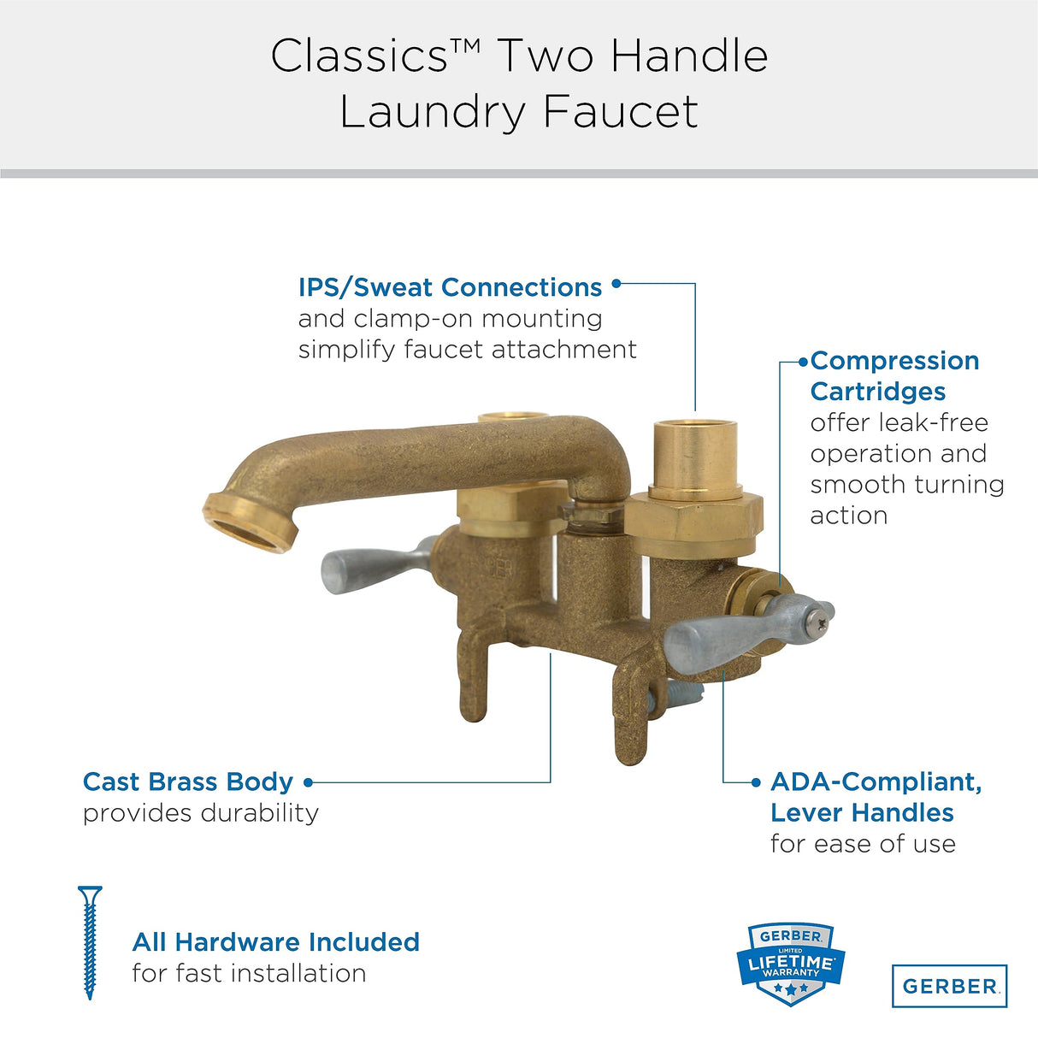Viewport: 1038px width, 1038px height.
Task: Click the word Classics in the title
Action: pos(359,56)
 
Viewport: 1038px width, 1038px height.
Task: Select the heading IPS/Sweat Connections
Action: pos(450,287)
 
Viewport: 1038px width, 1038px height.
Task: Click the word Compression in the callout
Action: pos(894,361)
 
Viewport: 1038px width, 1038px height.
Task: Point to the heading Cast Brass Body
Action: pos(188,781)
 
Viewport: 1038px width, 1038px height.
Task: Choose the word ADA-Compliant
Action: pos(876,781)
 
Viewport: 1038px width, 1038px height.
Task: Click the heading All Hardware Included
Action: pos(275,942)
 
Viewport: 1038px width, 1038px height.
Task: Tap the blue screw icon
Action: pos(90,941)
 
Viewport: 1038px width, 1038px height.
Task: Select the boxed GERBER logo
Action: pos(949,986)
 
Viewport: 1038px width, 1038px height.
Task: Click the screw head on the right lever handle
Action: pos(823,611)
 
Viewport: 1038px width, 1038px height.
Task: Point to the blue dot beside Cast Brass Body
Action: pos(309,782)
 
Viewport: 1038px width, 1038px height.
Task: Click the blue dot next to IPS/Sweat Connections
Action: pos(616,284)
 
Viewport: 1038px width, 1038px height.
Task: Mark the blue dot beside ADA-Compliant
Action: pos(756,782)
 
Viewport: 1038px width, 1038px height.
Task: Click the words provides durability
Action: pos(200,813)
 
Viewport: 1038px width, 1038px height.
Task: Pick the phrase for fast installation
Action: pos(249,973)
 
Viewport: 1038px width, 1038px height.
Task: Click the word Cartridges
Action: pos(877,392)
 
